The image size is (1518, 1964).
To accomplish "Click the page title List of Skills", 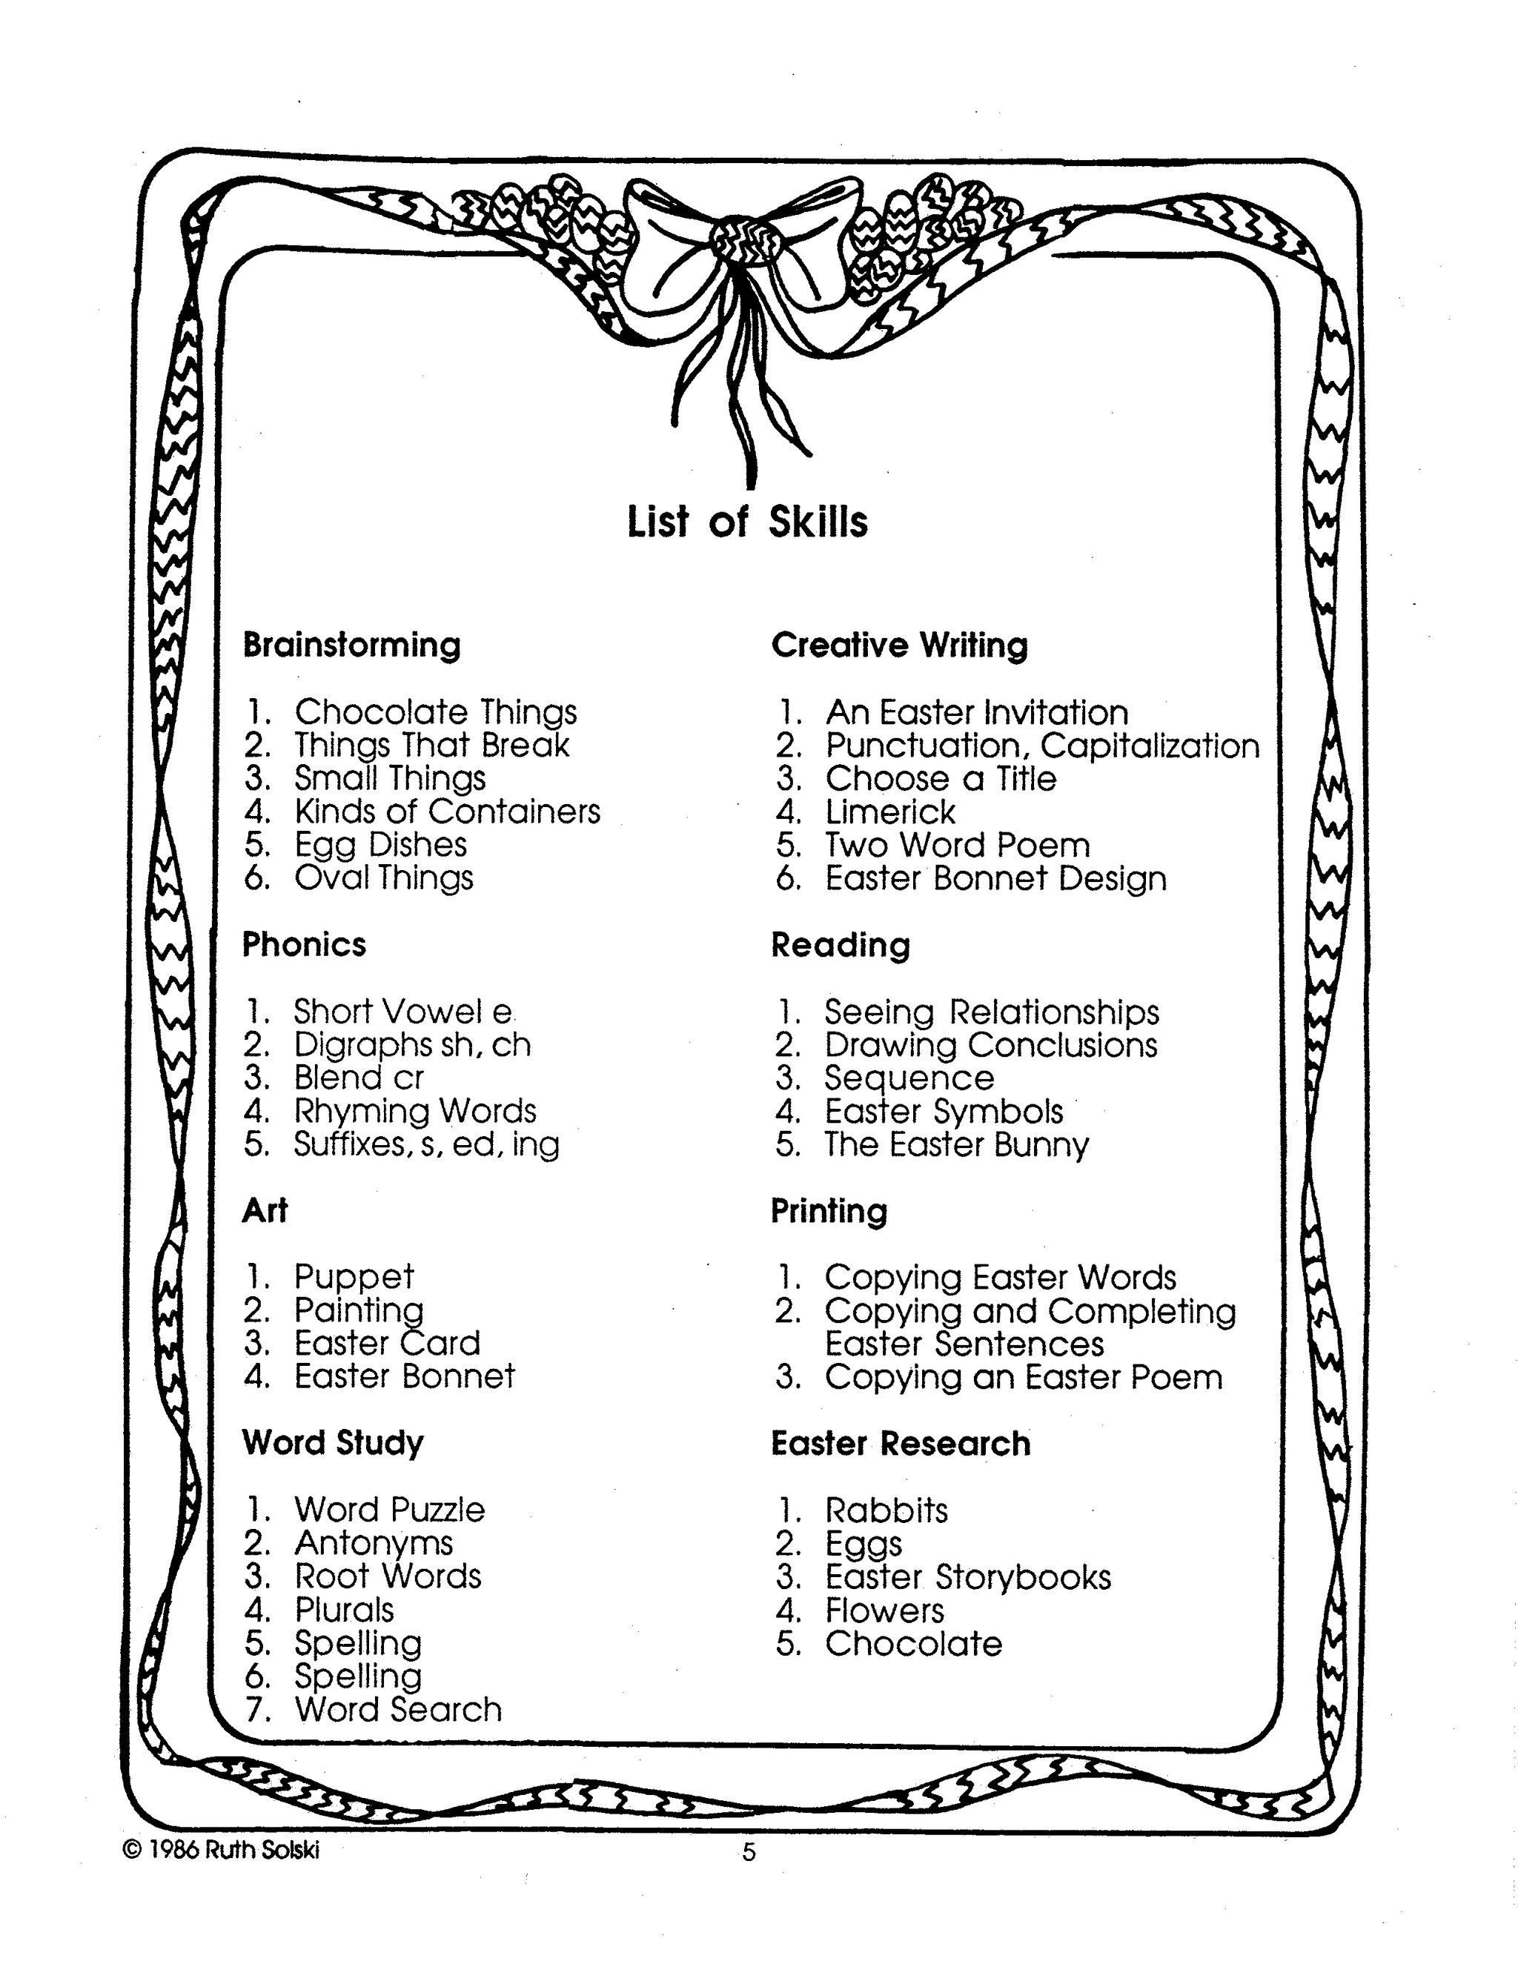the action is [746, 522].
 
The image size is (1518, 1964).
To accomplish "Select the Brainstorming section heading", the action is [351, 646].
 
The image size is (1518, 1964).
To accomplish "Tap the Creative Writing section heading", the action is [899, 646].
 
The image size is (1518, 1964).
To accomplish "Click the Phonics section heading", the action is [304, 944].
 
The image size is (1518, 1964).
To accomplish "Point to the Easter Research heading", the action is [900, 1443].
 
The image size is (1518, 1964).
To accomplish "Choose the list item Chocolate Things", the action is [435, 712].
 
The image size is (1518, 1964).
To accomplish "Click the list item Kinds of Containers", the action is [447, 811].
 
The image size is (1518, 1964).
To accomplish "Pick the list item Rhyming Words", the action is [416, 1112].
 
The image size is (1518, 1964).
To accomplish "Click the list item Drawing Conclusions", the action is [991, 1045].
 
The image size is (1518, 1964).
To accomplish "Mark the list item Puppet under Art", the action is [354, 1277].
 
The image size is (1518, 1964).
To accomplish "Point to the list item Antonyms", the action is [374, 1543].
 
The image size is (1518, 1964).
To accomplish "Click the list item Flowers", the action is [885, 1610].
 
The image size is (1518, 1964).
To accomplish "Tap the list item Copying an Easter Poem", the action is [1024, 1378].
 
